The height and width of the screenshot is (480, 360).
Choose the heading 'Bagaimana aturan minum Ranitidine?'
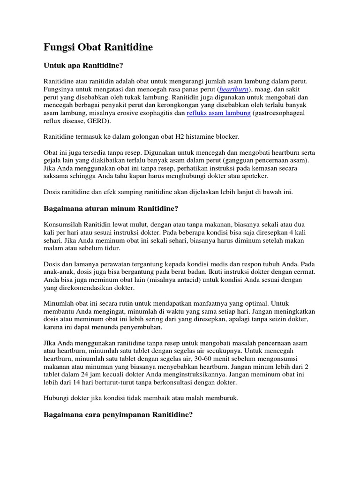111,208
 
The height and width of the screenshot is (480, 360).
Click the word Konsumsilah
62,224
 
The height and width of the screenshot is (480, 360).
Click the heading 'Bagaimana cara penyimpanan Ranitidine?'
118,415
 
